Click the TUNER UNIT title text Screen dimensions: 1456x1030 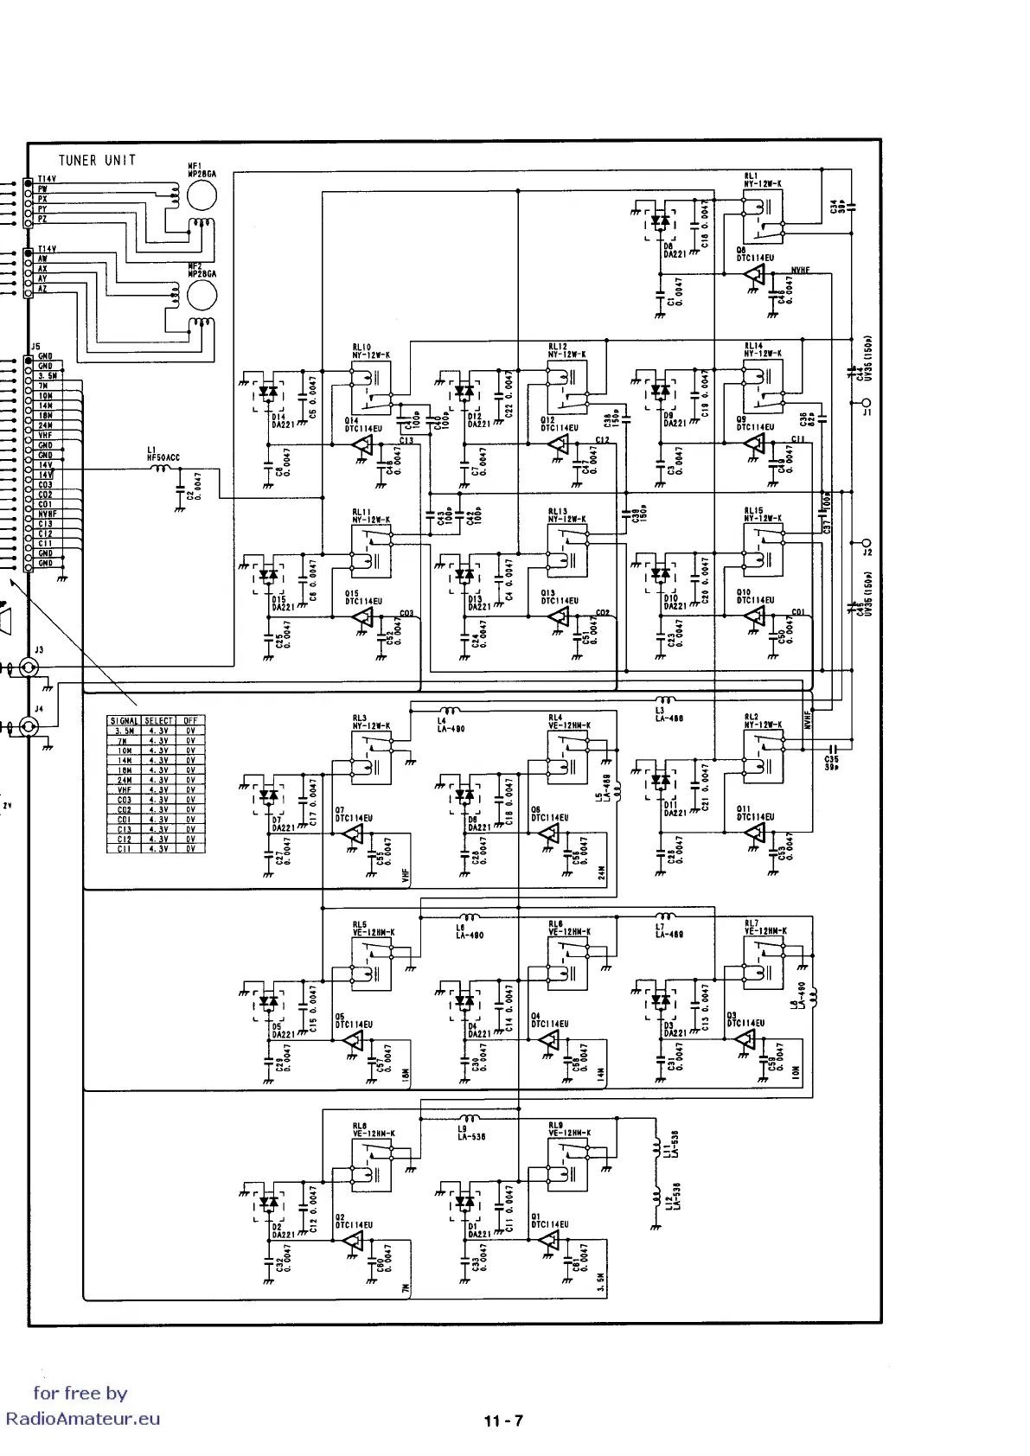[x=97, y=160]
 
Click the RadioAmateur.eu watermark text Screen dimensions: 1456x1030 [x=83, y=1419]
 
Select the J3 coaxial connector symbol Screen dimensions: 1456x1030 [x=28, y=667]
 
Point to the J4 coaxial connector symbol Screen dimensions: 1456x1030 [x=28, y=727]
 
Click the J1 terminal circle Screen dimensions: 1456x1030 [x=866, y=403]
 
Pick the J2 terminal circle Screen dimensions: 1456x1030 [x=866, y=543]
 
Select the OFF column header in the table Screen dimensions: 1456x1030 [x=190, y=720]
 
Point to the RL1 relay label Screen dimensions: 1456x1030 [x=750, y=175]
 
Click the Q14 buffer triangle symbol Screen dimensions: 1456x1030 [x=363, y=444]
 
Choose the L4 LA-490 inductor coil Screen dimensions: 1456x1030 [x=446, y=712]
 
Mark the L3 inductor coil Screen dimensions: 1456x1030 [x=666, y=700]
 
